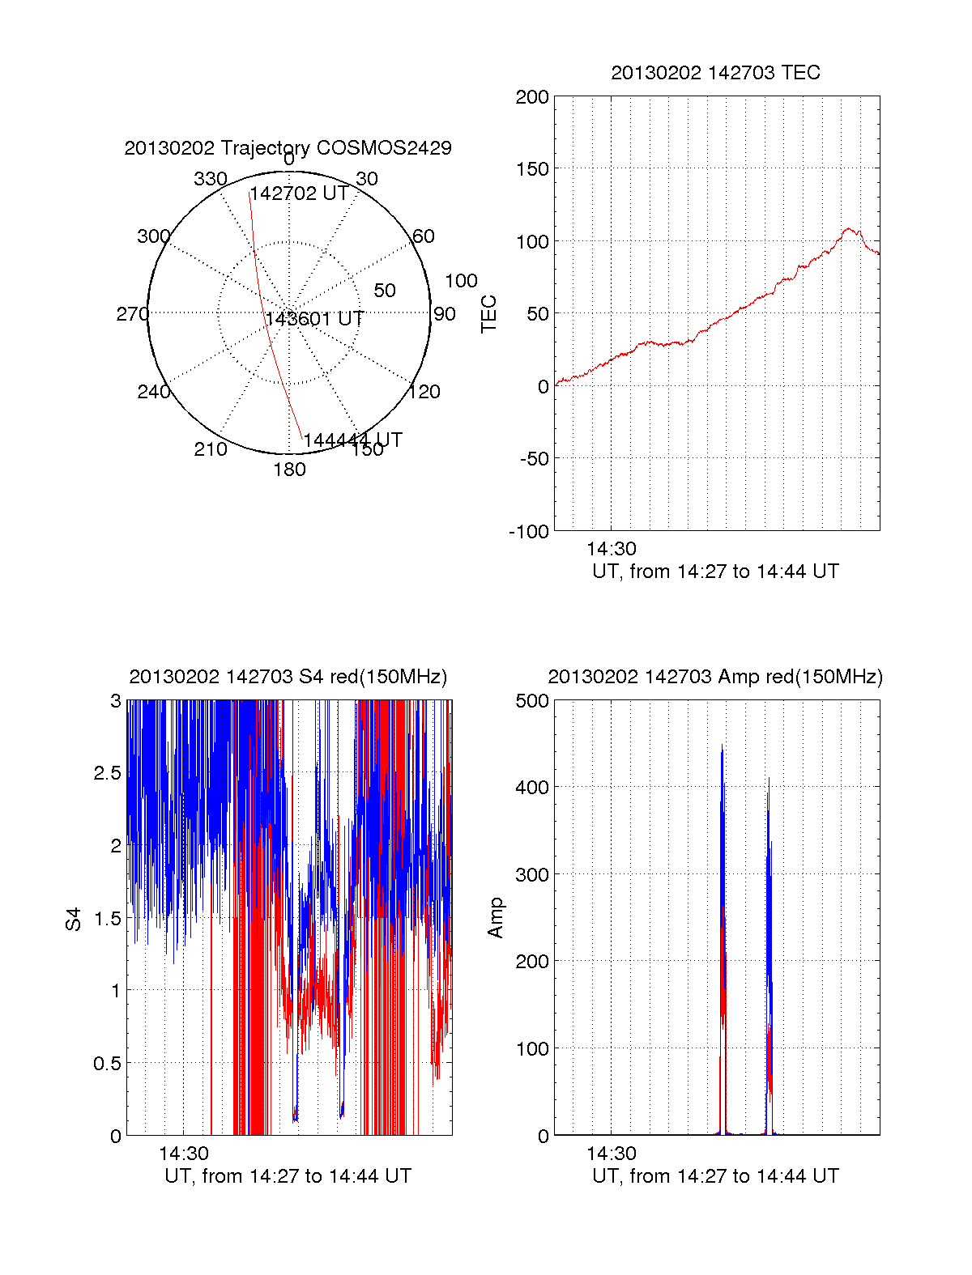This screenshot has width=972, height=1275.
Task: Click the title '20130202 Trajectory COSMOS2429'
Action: pyautogui.click(x=288, y=148)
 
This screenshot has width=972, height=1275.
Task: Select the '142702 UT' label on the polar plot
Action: pyautogui.click(x=299, y=194)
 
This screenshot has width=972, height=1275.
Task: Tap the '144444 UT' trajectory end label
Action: pyautogui.click(x=352, y=440)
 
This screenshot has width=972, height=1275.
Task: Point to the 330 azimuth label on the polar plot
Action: pyautogui.click(x=210, y=179)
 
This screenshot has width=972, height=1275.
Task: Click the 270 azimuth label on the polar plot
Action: pyautogui.click(x=132, y=314)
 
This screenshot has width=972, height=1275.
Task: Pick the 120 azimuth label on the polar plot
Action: pyautogui.click(x=424, y=392)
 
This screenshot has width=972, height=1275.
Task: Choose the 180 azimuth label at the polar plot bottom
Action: pyautogui.click(x=289, y=470)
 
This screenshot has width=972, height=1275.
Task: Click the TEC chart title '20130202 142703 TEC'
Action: pyautogui.click(x=715, y=73)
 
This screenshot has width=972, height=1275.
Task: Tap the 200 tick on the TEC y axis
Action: pyautogui.click(x=532, y=97)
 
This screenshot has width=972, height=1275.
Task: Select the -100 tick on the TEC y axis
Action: pyautogui.click(x=529, y=532)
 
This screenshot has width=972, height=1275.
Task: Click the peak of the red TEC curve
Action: pyautogui.click(x=848, y=230)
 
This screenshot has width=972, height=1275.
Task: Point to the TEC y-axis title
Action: pyautogui.click(x=489, y=314)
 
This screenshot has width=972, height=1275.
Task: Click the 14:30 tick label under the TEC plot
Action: pyautogui.click(x=612, y=549)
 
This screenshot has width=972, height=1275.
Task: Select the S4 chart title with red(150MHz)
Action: pyautogui.click(x=288, y=677)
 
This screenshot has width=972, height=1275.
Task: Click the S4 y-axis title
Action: pyautogui.click(x=74, y=919)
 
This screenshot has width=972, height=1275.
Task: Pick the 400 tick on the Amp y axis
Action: pyautogui.click(x=532, y=787)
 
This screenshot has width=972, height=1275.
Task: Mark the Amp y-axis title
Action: pyautogui.click(x=496, y=918)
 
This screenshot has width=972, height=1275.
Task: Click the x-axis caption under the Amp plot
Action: pyautogui.click(x=715, y=1176)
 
